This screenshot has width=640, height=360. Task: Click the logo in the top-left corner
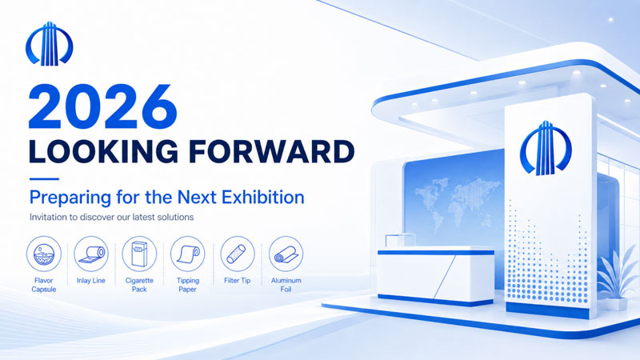[49, 44]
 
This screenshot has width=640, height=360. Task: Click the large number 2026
[103, 107]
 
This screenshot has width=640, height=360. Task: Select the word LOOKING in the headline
[103, 151]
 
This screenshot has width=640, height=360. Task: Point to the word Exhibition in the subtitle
[263, 197]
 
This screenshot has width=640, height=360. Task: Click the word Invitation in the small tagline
[48, 217]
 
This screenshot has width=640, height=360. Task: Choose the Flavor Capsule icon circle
[44, 254]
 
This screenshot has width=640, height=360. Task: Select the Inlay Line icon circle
[91, 254]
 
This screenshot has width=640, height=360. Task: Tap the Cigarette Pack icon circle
[139, 254]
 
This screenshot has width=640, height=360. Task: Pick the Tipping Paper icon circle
[188, 254]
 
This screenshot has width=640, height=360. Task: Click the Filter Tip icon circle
[237, 254]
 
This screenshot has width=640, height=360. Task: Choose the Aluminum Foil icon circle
[286, 254]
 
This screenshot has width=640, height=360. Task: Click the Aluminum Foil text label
[286, 285]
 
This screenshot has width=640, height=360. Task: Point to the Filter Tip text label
[237, 281]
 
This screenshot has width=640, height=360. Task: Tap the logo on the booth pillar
[546, 148]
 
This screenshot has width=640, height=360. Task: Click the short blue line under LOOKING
[44, 178]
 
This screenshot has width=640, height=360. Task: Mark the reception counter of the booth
[435, 276]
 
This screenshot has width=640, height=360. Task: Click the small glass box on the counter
[400, 241]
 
